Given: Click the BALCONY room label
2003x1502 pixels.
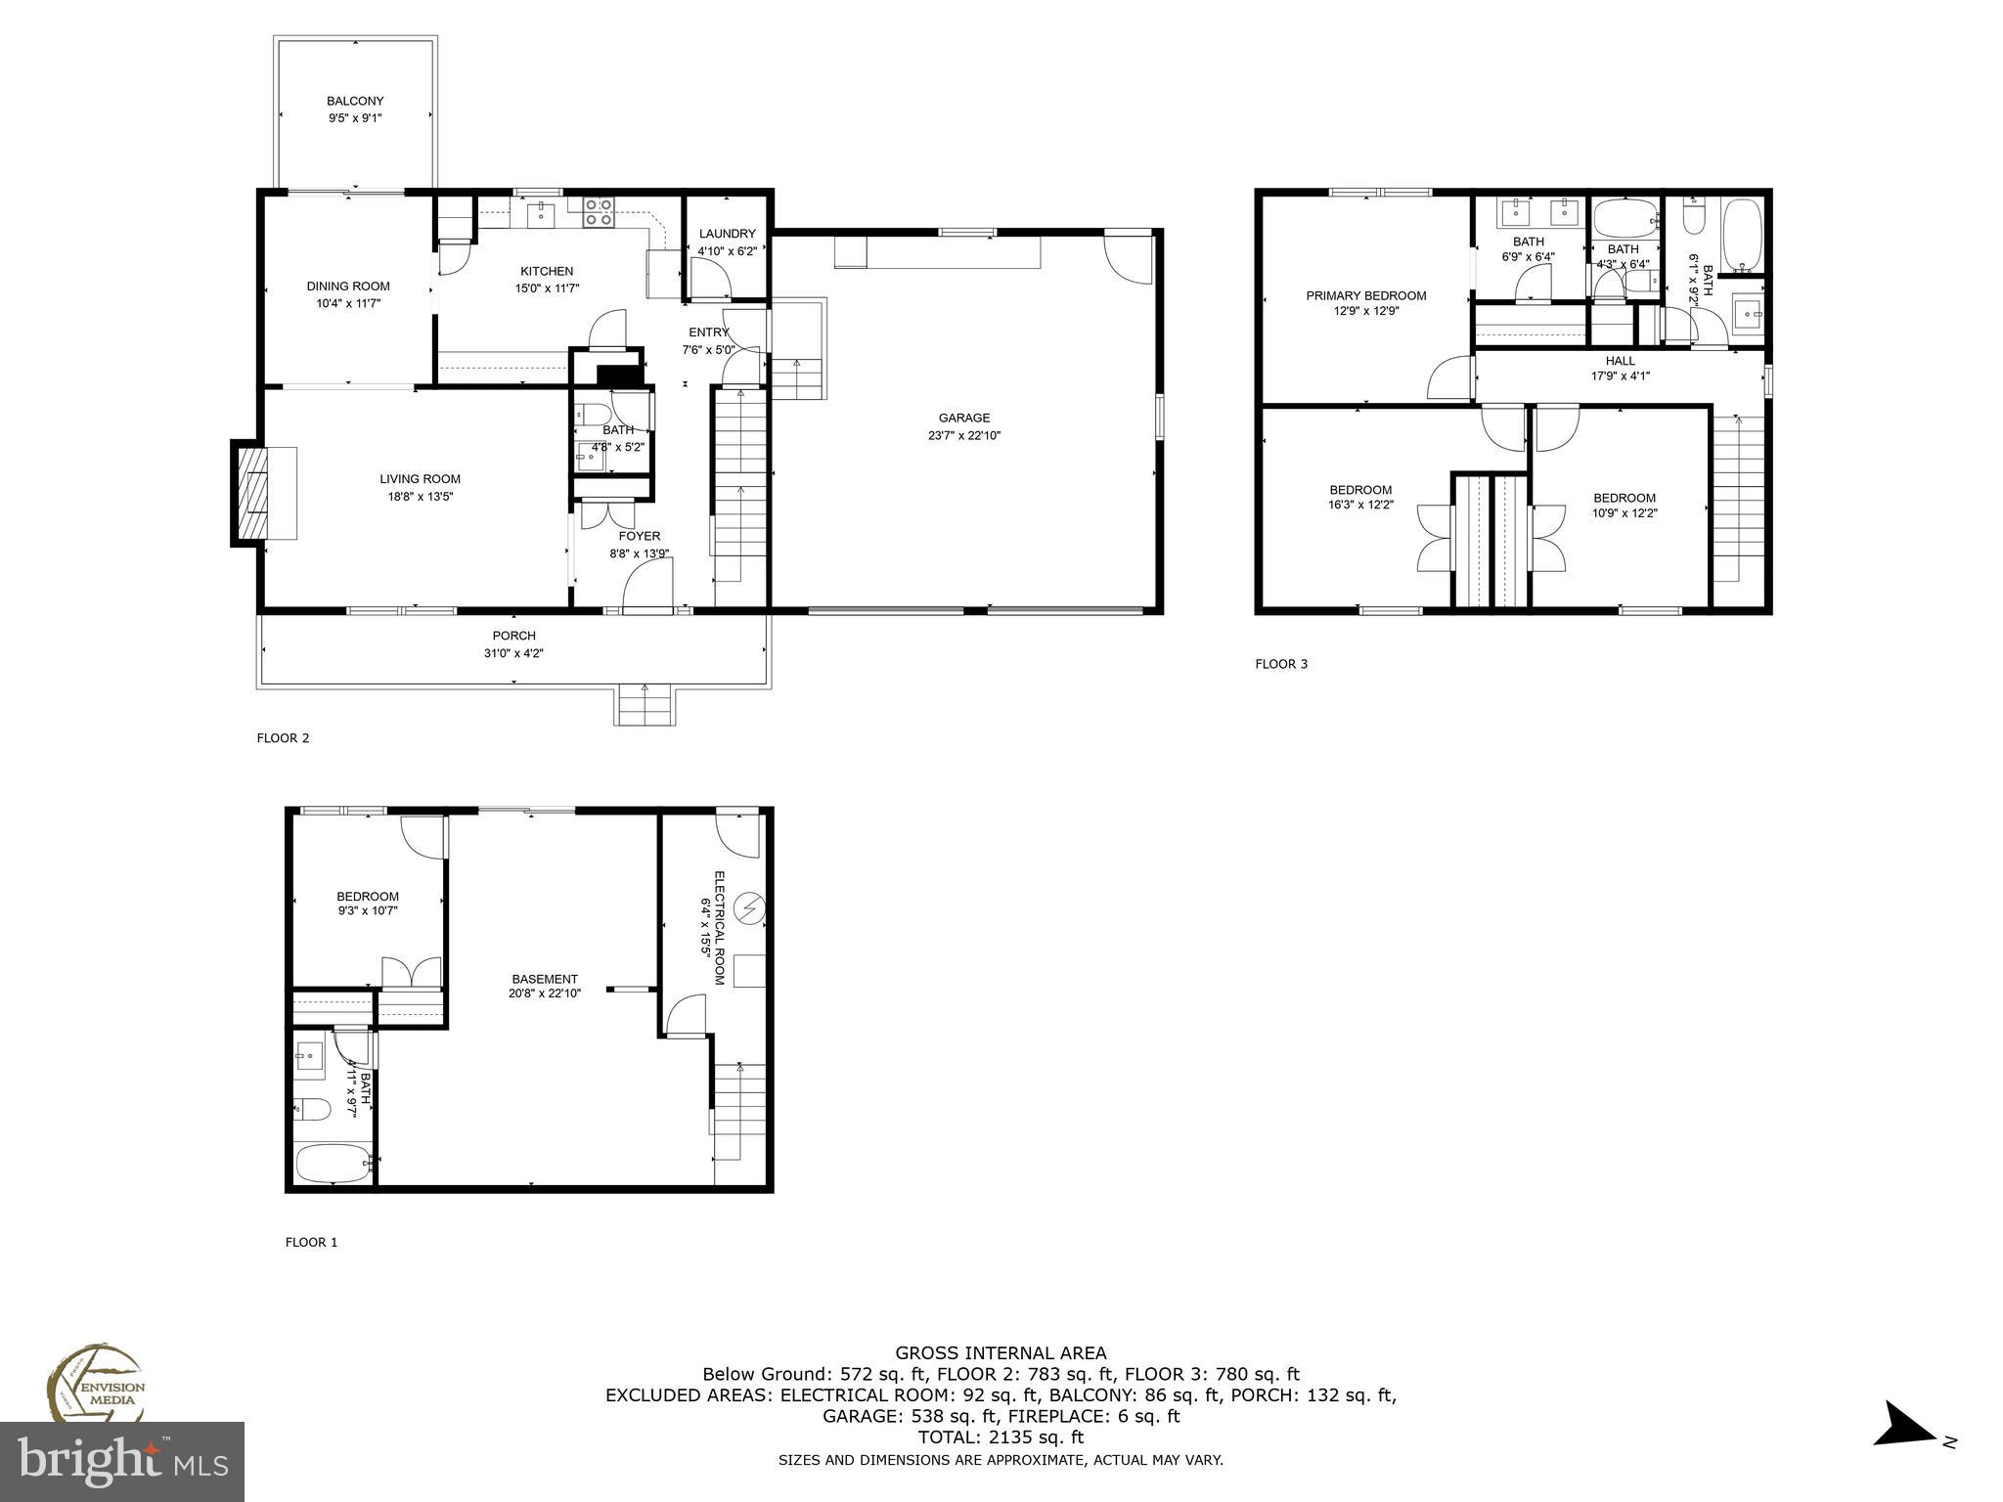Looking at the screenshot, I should coord(355,101).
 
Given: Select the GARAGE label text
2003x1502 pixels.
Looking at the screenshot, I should coord(963,418).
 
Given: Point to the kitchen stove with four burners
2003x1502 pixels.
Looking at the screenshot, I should coord(599,212).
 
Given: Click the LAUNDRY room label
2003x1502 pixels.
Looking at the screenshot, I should coord(727,234).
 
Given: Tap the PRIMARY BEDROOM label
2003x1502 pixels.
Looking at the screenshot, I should coord(1365,295).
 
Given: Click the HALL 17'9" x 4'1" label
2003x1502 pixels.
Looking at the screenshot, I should coord(1620,368).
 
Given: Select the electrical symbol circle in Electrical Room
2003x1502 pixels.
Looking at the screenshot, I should coord(750,908).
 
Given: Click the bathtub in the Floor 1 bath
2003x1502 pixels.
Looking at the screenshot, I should coord(332,1163).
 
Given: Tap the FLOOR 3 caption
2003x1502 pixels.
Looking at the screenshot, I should coord(1281,664).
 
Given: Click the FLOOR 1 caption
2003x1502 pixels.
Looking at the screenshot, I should coord(311,1242).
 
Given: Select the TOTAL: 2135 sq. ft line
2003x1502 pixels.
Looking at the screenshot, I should coord(1000,1437).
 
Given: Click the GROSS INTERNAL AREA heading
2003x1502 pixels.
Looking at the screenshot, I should coord(1001,1353).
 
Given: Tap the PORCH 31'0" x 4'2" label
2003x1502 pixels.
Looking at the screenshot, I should coord(513,644).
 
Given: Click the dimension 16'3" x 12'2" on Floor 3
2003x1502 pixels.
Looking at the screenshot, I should coord(1360,506).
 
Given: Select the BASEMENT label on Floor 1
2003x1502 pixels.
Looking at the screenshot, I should coord(545,979).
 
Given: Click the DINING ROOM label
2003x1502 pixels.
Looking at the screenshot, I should coord(348,287).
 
